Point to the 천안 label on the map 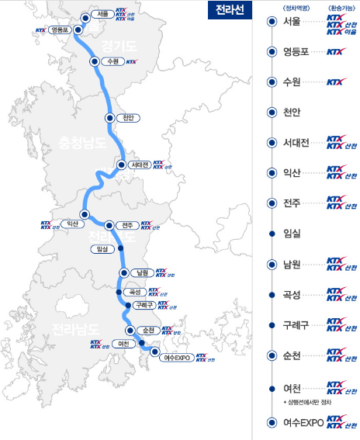pyautogui.click(x=128, y=117)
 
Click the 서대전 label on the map pyautogui.click(x=140, y=165)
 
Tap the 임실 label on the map pyautogui.click(x=100, y=248)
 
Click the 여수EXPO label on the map pyautogui.click(x=178, y=358)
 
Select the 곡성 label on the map pyautogui.click(x=133, y=292)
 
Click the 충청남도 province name pyautogui.click(x=82, y=143)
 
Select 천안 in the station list pyautogui.click(x=292, y=112)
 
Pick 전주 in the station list pyautogui.click(x=292, y=203)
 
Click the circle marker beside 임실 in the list pyautogui.click(x=271, y=233)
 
